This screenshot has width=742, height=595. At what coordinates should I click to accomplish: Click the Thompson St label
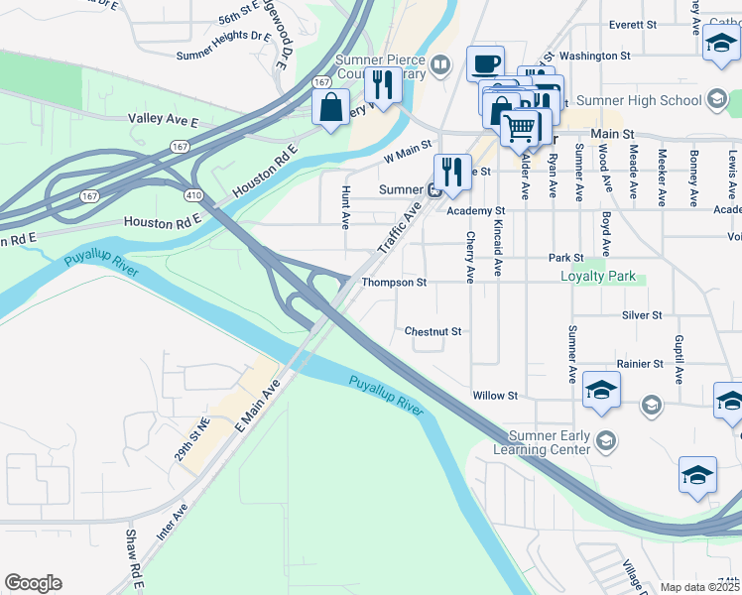tap(394, 283)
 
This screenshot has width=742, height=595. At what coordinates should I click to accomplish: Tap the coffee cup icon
tap(485, 64)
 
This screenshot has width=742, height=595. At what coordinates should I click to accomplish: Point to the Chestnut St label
tap(433, 331)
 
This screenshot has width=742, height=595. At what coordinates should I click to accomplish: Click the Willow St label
tap(495, 396)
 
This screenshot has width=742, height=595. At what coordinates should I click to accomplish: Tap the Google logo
tap(33, 583)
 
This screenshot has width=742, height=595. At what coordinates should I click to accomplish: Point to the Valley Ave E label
tap(164, 119)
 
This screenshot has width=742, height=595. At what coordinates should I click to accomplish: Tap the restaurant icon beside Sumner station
tap(452, 172)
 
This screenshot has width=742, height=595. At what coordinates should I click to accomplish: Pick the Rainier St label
tap(639, 364)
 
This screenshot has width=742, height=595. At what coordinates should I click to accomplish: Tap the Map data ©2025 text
tap(699, 587)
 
